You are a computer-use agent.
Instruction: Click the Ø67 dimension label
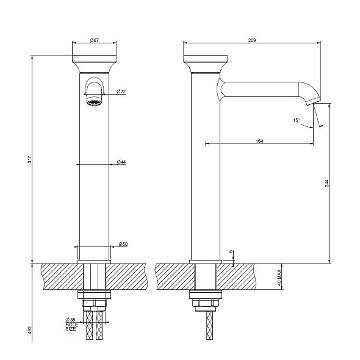click(95, 40)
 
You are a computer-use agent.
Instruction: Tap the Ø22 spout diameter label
click(121, 92)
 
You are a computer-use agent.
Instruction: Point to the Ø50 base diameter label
click(123, 244)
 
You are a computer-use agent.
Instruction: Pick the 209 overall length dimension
click(252, 40)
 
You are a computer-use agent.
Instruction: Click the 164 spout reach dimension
click(259, 142)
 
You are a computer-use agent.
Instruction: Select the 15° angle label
click(297, 121)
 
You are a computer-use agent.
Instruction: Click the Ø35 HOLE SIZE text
click(71, 324)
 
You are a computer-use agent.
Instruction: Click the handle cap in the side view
click(206, 62)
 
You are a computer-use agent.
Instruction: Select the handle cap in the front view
click(95, 62)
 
